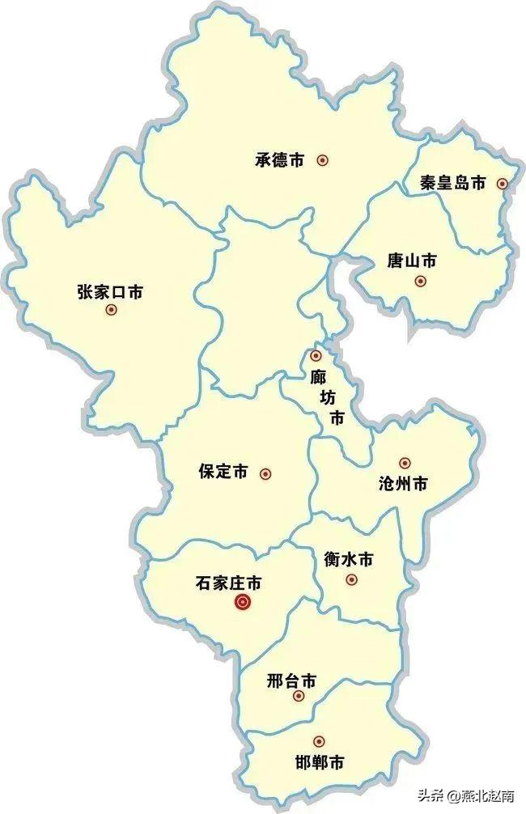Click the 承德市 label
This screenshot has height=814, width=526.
tap(279, 160)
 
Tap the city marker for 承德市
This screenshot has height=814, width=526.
tap(322, 160)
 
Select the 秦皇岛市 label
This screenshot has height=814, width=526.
tap(452, 183)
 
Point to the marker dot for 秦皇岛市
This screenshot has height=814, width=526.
tap(502, 184)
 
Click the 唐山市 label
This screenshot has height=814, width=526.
tap(412, 261)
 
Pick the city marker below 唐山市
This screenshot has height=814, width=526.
tap(419, 281)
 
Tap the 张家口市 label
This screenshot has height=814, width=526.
tap(110, 291)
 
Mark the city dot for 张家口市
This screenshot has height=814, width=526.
tap(111, 310)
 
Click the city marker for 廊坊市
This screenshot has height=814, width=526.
tap(316, 356)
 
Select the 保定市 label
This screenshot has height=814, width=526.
tap(223, 473)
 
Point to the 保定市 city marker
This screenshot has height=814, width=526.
tap(265, 473)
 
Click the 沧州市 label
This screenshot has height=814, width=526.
tap(403, 484)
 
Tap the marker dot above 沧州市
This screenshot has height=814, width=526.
tap(405, 464)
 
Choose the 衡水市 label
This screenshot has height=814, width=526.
tap(348, 559)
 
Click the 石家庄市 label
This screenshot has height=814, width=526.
tap(228, 582)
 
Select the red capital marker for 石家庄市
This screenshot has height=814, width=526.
tap(241, 602)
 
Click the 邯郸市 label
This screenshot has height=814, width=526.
tap(319, 761)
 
